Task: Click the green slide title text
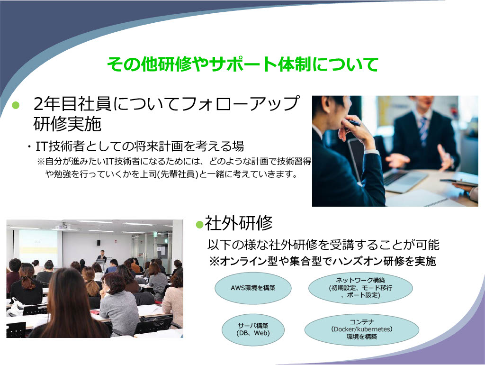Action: pyautogui.click(x=242, y=64)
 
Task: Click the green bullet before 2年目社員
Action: pyautogui.click(x=16, y=105)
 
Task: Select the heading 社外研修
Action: pyautogui.click(x=239, y=223)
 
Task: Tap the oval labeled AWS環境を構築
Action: pyautogui.click(x=253, y=288)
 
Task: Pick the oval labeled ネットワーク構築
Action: pyautogui.click(x=360, y=288)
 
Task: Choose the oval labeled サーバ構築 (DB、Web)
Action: pyautogui.click(x=253, y=329)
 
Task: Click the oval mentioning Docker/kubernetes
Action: pyautogui.click(x=361, y=329)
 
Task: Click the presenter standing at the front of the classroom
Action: pyautogui.click(x=102, y=257)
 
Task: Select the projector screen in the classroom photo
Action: pyautogui.click(x=38, y=247)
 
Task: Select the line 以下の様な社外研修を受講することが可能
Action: pyautogui.click(x=323, y=245)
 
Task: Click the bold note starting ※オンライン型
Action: pyautogui.click(x=323, y=261)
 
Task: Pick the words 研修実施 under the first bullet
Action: pyautogui.click(x=67, y=125)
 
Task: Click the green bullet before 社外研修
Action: pyautogui.click(x=199, y=224)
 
